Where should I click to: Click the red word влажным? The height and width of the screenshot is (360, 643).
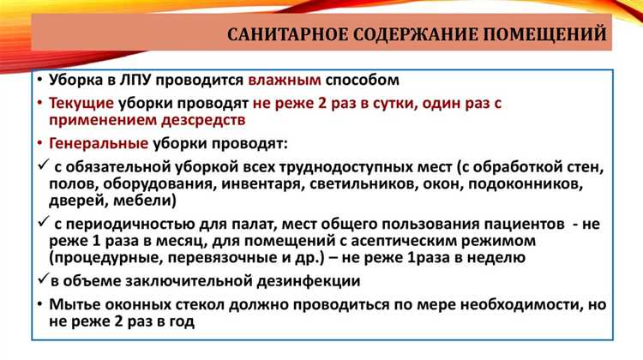click(285, 81)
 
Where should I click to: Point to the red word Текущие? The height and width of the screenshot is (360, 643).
click(81, 103)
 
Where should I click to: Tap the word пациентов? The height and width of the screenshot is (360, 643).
click(509, 222)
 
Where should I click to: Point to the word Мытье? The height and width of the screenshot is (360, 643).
click(75, 303)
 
